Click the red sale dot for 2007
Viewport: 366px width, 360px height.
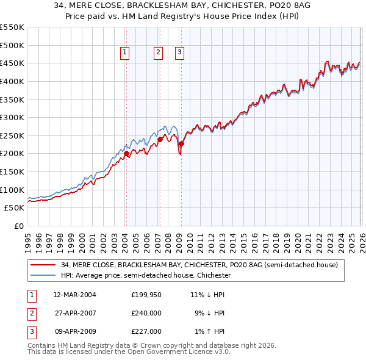pyautogui.click(x=160, y=139)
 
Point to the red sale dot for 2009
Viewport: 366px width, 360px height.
pyautogui.click(x=181, y=143)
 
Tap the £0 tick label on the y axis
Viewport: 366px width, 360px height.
pyautogui.click(x=18, y=226)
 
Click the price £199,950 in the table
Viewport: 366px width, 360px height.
pyautogui.click(x=146, y=295)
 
